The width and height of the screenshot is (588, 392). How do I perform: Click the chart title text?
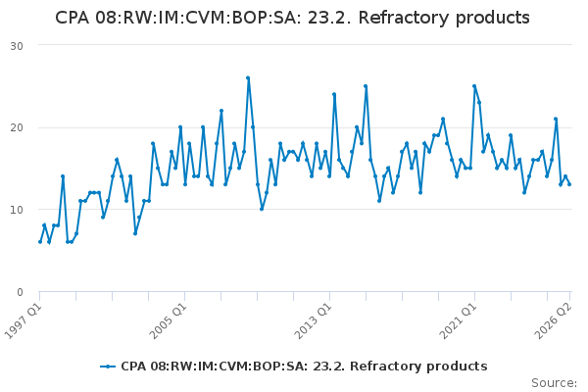(x=292, y=18)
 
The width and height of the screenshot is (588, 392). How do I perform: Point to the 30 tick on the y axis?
(x=17, y=46)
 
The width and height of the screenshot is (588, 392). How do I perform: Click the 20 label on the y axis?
(x=17, y=128)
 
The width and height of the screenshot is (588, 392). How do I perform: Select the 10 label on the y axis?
(x=17, y=210)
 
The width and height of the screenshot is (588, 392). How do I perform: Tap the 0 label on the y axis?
(x=20, y=292)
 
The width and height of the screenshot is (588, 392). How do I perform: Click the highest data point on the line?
(x=248, y=78)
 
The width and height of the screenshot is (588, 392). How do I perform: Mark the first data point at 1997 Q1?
(x=40, y=242)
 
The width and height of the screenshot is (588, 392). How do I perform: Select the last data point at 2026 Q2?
(x=569, y=184)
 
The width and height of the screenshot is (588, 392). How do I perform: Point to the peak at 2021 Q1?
(x=474, y=86)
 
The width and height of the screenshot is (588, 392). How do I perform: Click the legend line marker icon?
(x=108, y=367)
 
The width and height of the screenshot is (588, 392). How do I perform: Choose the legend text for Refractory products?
(x=304, y=367)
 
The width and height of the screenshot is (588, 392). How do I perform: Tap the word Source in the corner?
(x=554, y=383)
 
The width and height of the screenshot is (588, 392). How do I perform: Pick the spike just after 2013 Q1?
(x=334, y=94)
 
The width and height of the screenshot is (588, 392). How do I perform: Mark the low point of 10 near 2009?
(x=262, y=209)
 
